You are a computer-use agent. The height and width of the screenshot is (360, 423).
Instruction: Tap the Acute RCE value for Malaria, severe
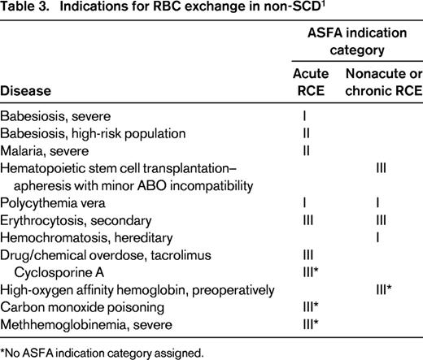[304, 150]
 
